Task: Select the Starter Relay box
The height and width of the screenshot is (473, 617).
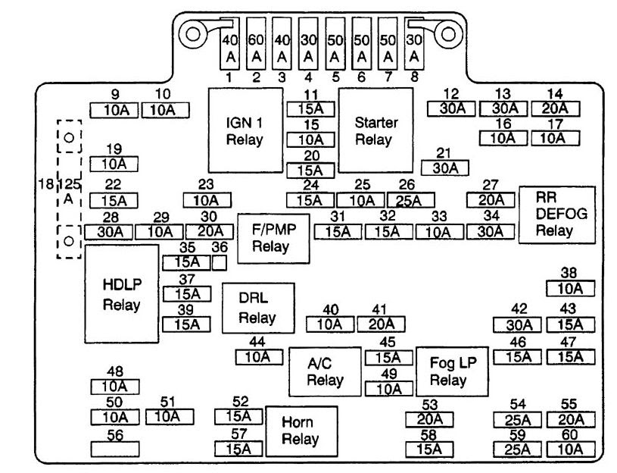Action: click(x=375, y=130)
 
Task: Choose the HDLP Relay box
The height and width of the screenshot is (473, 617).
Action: click(x=122, y=296)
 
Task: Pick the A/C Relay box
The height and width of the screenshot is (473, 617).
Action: click(x=325, y=371)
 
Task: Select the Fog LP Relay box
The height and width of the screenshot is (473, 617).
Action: click(x=452, y=371)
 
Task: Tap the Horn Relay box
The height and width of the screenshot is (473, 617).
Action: click(x=301, y=430)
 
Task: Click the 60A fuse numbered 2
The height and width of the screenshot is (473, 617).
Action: click(x=257, y=45)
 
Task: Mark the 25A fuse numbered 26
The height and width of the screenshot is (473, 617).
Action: click(x=410, y=200)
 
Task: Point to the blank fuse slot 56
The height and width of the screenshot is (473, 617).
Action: click(x=115, y=449)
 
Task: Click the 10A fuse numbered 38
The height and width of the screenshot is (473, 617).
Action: click(x=569, y=288)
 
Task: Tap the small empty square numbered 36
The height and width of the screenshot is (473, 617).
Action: click(x=220, y=262)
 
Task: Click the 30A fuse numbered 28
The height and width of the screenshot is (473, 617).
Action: click(x=110, y=232)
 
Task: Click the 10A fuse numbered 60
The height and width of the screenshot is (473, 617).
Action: click(x=569, y=449)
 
